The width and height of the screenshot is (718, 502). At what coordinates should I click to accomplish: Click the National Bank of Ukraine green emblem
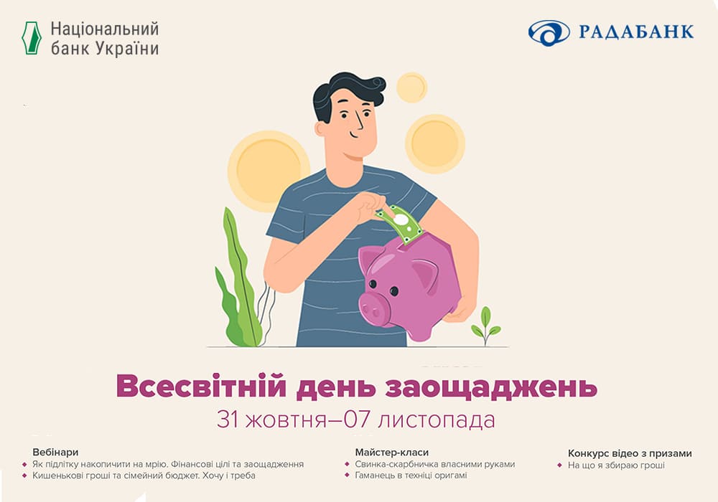coord(32,38)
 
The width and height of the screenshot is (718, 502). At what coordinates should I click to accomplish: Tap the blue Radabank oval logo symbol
coord(549,33)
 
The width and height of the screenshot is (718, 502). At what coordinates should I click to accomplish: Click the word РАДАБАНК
coord(636,32)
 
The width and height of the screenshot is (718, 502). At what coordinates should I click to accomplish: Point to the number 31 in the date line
coord(228,420)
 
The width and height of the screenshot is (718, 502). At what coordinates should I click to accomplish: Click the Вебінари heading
coord(55,453)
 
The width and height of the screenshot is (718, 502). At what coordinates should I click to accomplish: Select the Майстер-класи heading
coord(392,453)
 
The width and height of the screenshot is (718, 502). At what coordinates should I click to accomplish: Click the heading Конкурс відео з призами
coord(630,453)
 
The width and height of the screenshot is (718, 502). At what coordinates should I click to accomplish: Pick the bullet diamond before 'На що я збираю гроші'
coord(559,465)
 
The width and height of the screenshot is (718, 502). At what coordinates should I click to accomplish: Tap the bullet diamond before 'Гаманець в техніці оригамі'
coord(347,475)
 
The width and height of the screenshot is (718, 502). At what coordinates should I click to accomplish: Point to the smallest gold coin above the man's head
coord(411,87)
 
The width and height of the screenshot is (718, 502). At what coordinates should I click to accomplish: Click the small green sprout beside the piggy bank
coord(485,326)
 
